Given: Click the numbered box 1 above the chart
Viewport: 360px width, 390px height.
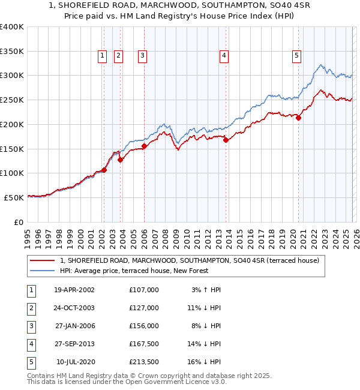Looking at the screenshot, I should coord(103,56).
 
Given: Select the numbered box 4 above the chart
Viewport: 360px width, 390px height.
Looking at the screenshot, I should coord(224,56).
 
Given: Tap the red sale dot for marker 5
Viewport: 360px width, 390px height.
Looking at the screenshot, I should coord(298,118).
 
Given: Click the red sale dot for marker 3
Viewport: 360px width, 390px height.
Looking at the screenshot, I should coord(145,146).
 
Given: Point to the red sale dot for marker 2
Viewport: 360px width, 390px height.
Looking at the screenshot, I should coord(121,160).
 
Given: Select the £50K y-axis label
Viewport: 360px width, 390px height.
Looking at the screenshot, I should coord(14,197).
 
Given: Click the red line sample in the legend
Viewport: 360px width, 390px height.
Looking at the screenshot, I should coord(43,260).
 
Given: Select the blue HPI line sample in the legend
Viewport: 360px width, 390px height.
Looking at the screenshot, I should coord(43,271).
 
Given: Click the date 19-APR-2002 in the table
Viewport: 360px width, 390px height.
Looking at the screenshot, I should coord(74,290).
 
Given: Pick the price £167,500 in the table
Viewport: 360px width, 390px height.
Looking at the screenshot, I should coord(144,344).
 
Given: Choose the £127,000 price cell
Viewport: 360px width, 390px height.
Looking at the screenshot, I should coord(144,308).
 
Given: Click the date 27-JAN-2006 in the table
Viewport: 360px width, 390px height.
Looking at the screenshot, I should coord(74,326).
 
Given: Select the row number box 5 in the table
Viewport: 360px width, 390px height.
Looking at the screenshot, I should coord(31,362).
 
